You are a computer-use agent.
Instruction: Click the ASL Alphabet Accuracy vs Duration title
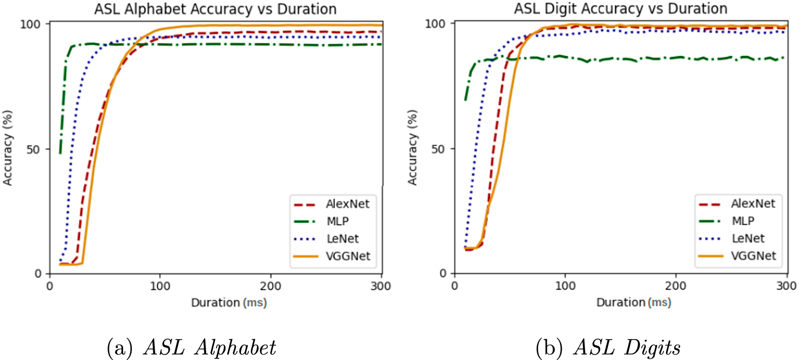[x=215, y=9]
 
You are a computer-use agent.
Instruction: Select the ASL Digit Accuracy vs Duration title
[x=620, y=8]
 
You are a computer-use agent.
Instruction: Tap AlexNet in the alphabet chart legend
[x=347, y=204]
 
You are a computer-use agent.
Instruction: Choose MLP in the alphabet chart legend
[x=337, y=221]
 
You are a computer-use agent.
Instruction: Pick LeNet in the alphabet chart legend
[x=342, y=239]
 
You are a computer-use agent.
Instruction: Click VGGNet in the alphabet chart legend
[x=348, y=256]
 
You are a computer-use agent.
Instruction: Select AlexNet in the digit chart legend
[x=753, y=203]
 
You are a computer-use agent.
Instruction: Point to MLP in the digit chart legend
[x=743, y=221]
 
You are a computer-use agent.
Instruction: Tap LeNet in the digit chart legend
[x=748, y=238]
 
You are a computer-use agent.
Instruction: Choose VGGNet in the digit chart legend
[x=753, y=256]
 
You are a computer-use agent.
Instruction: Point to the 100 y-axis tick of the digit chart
[x=435, y=24]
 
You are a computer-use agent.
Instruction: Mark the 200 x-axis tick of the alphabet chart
[x=271, y=286]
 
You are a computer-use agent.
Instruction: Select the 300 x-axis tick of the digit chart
[x=786, y=285]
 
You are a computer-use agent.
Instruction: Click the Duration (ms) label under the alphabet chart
[x=229, y=302]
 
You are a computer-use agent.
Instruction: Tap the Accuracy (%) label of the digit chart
[x=412, y=148]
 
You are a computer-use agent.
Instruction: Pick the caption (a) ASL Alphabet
[x=191, y=348]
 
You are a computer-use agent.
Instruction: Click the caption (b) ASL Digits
[x=608, y=348]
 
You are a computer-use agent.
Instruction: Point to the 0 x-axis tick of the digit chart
[x=455, y=285]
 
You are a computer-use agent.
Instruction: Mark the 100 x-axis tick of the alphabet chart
[x=160, y=286]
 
